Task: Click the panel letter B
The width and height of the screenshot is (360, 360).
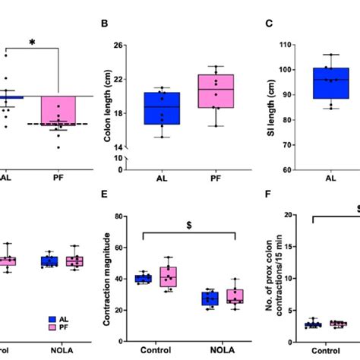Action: [105, 24]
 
